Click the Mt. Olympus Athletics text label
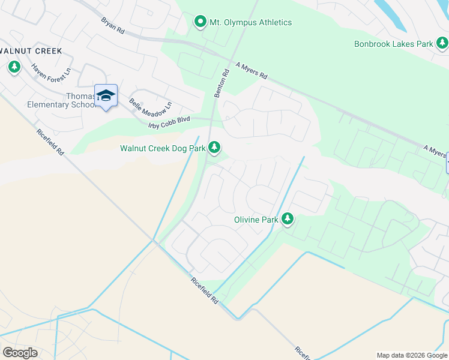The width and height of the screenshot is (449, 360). pos(250,23)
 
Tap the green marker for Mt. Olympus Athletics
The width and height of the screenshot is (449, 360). pos(200,22)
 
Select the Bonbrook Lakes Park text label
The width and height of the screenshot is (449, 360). pos(393,44)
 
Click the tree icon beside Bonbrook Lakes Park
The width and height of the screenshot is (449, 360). pos(442,43)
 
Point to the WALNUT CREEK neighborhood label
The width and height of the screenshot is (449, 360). pos(31,51)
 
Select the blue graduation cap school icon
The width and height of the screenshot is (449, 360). pos(106,96)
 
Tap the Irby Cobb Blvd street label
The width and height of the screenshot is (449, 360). pos(169,123)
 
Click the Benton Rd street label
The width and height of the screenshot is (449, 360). pos(221,83)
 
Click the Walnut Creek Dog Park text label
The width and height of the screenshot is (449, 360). pos(162,148)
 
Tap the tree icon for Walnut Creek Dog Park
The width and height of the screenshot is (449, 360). pos(214,148)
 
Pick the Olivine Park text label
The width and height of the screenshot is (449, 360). pos(256,220)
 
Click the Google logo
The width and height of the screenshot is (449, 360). pos(20,353)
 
